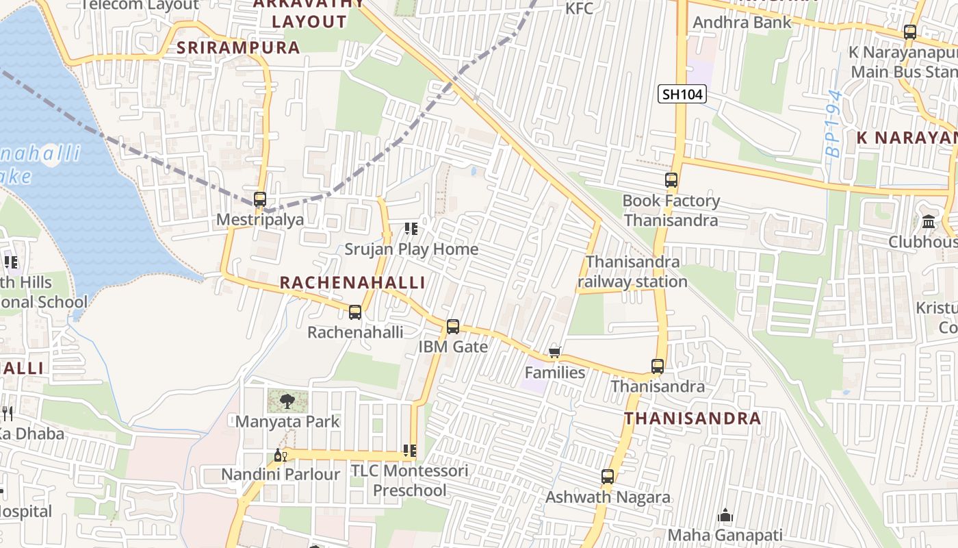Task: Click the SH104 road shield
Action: coord(682,95)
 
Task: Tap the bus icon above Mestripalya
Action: coord(260,199)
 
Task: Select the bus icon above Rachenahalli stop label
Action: coord(354,312)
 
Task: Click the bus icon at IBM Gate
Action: coord(453,327)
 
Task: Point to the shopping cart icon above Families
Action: coord(554,353)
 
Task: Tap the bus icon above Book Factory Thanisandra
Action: coord(671,181)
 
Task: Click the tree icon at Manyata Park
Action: coord(287,401)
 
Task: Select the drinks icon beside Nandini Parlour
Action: coord(280,455)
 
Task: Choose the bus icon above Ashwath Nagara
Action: coord(608,477)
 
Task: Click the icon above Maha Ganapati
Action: coord(725,515)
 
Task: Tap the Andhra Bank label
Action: coord(742,23)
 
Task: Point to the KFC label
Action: coord(579,9)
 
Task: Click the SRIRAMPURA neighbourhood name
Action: coord(238,48)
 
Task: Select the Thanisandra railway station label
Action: coord(632,272)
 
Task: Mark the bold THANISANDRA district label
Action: coord(692,419)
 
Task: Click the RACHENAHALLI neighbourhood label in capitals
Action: coord(352,283)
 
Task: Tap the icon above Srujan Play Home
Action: coord(411,228)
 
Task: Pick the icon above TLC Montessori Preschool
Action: coord(409,451)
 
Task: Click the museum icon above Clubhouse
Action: coord(929,221)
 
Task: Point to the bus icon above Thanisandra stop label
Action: coord(658,366)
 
